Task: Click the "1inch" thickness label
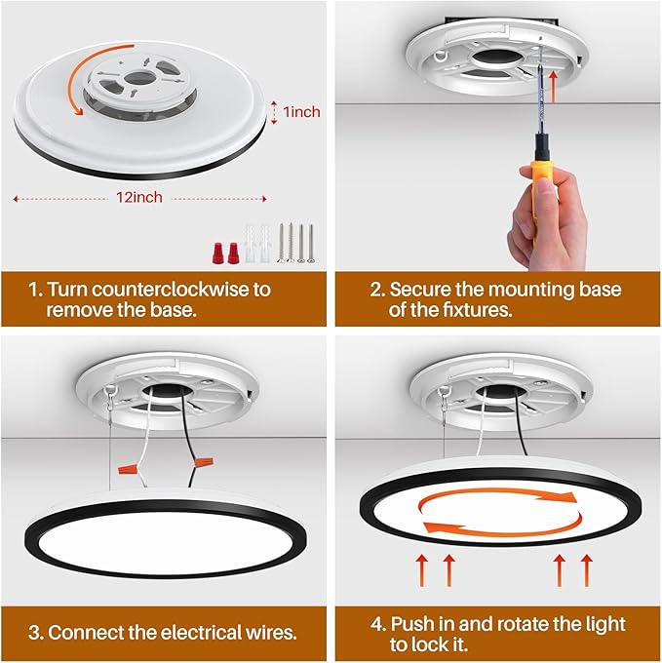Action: pos(301,112)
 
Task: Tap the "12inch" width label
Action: pos(139,198)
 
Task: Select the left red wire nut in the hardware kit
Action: pos(217,253)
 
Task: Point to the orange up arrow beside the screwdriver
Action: pos(552,87)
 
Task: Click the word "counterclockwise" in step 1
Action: pos(171,290)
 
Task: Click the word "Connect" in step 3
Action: pos(86,633)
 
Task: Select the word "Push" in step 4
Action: pos(413,624)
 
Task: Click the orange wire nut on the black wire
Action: pos(204,461)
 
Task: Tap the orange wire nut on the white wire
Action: pos(128,469)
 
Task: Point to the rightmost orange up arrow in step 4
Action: pos(586,570)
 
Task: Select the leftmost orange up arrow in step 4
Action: pos(421,570)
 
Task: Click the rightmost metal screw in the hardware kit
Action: pos(311,243)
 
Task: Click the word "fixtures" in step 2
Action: pos(478,310)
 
